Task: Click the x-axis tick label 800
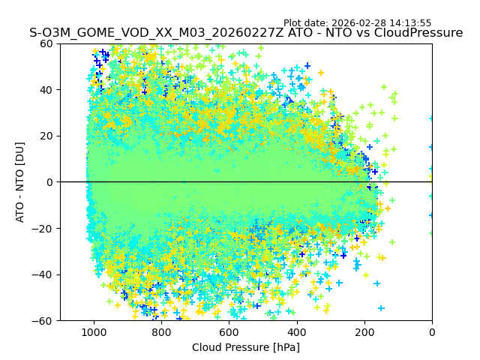[161, 331]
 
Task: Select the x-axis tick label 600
[229, 331]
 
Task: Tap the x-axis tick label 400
[296, 331]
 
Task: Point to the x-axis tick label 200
[364, 331]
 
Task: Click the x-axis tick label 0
[432, 331]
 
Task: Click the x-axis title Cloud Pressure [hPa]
[246, 347]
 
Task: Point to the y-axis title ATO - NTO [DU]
[20, 182]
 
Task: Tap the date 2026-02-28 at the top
[360, 23]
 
